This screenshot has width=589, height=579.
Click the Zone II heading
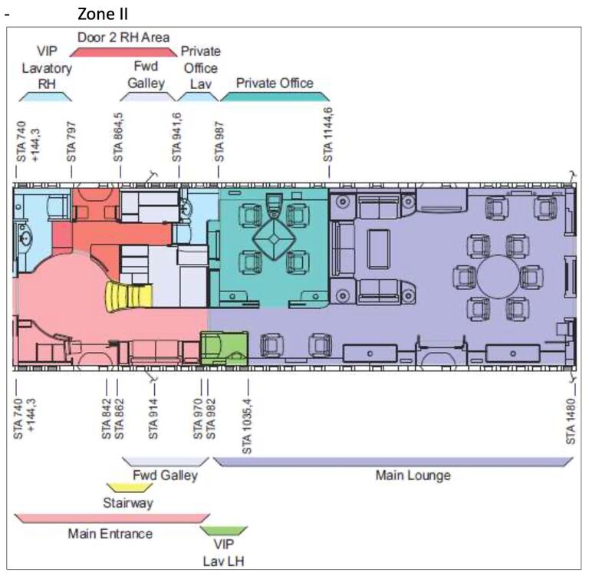(103, 15)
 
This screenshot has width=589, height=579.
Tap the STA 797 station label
(71, 142)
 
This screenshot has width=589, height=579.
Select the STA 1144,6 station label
(328, 135)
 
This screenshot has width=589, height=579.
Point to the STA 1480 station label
(571, 421)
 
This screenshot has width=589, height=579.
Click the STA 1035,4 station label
(247, 426)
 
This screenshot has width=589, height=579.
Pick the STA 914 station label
(153, 419)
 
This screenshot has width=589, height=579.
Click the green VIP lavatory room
(224, 348)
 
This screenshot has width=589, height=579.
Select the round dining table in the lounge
(498, 277)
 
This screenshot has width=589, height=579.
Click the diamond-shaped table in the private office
(275, 239)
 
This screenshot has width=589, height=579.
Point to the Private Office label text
(275, 83)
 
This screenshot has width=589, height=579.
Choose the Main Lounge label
(413, 475)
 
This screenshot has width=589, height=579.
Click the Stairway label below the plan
(128, 503)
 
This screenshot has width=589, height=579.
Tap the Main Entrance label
(110, 534)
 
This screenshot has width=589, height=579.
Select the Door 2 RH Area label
(123, 38)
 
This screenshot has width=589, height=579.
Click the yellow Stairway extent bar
(130, 488)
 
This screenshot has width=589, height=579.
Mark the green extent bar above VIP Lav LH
(224, 531)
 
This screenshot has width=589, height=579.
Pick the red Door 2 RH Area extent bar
(123, 52)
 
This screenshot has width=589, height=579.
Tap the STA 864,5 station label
(118, 137)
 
